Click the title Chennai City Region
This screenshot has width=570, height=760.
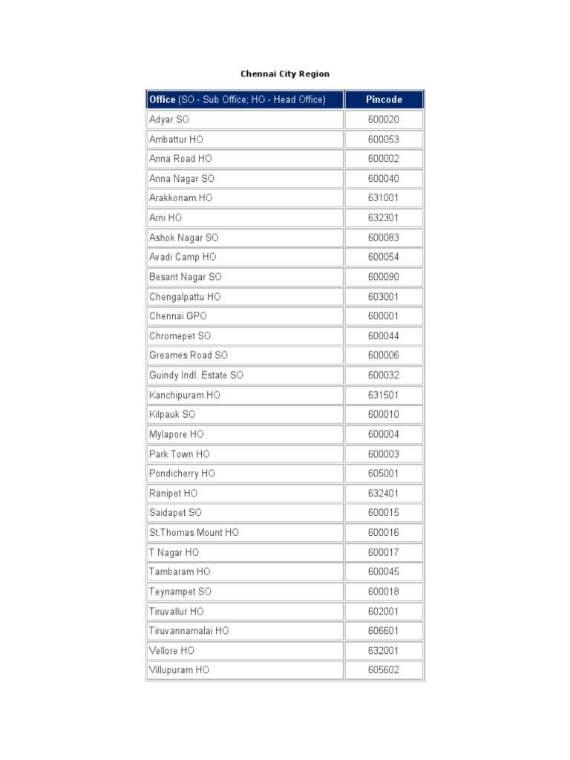tap(285, 74)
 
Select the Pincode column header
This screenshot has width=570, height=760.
tap(384, 99)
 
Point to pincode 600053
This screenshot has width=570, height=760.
tap(384, 140)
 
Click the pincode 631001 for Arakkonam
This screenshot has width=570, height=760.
tap(384, 198)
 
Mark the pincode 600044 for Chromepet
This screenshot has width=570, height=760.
tap(384, 335)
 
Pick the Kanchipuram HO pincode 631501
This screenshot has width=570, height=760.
tap(384, 395)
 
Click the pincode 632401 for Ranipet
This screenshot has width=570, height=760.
tap(384, 493)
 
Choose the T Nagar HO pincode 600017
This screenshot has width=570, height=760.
tap(384, 552)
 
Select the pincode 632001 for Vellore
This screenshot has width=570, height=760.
tap(384, 650)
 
